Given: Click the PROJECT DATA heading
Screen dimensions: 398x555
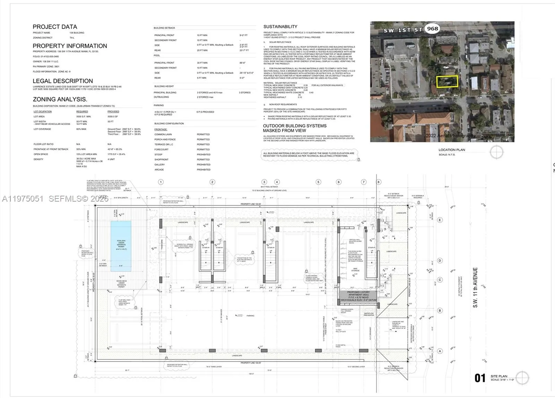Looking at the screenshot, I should (x=55, y=27).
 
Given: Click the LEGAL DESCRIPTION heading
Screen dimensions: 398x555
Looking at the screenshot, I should (x=63, y=81).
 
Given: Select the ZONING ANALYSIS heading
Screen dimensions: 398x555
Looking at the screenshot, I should (x=60, y=99).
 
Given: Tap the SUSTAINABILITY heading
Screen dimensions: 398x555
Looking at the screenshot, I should (x=280, y=27).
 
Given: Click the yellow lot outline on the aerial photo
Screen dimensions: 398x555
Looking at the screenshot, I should (x=447, y=82).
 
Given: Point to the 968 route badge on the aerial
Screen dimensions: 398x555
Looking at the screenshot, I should (x=433, y=29).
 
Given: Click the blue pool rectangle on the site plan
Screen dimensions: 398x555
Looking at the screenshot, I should (x=121, y=246).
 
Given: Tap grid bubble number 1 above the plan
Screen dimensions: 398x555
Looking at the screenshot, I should (x=161, y=182).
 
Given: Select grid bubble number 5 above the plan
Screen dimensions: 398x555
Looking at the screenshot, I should (x=318, y=182).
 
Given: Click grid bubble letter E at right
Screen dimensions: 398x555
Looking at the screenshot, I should (x=440, y=220).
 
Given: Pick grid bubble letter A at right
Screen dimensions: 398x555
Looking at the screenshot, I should (x=440, y=351).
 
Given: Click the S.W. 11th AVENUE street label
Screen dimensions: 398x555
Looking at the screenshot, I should (x=475, y=287).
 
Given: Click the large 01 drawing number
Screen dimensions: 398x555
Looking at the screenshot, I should (x=480, y=378).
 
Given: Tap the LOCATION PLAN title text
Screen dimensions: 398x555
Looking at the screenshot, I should (x=452, y=150).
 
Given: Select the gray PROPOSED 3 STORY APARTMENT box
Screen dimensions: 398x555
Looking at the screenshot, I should (x=358, y=296).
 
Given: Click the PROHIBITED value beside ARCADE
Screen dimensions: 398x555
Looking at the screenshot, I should (x=204, y=170).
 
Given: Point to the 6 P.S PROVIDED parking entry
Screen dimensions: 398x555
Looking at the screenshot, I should (x=205, y=112).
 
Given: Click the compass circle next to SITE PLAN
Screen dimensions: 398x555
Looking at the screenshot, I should (x=522, y=378).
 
